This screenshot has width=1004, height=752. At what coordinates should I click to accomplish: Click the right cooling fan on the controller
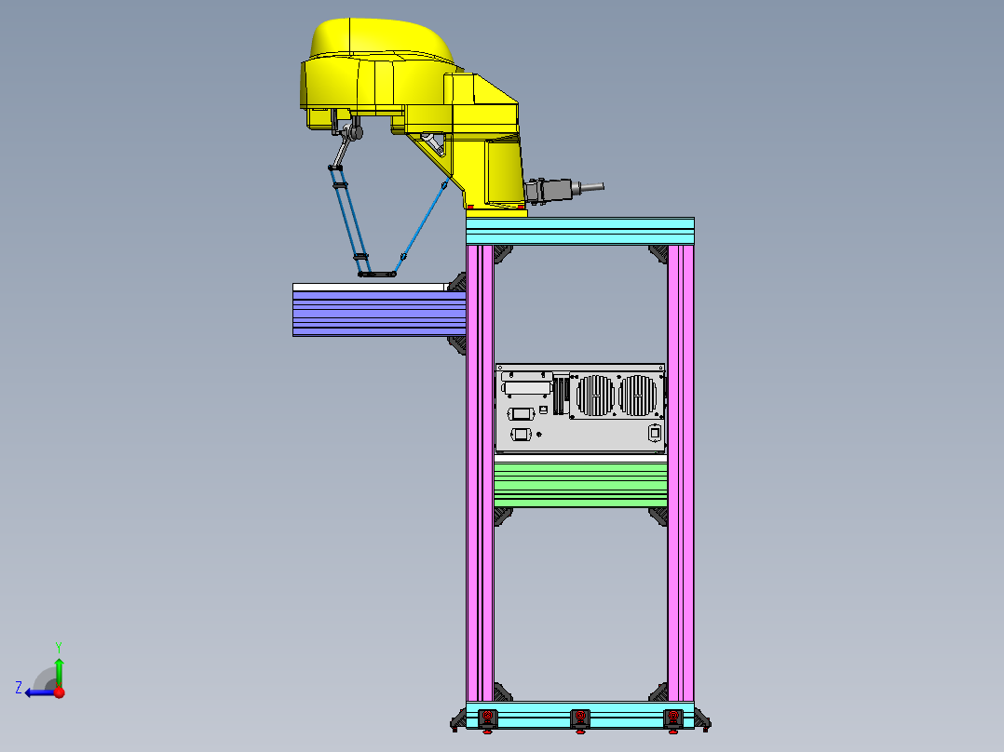[x=638, y=396]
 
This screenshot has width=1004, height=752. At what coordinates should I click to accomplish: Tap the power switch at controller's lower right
[x=655, y=432]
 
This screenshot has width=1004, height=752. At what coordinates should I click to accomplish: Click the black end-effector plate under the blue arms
[x=377, y=275]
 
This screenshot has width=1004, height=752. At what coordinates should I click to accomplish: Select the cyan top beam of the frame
[x=580, y=230]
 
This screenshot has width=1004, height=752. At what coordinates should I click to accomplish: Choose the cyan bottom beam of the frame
[x=580, y=714]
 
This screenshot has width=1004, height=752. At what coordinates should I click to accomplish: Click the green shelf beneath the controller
[x=580, y=485]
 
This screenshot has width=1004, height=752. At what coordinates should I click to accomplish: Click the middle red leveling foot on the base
[x=580, y=717]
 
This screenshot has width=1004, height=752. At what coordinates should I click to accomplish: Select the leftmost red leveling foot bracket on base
[x=487, y=717]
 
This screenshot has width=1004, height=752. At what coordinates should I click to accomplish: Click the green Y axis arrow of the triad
[x=59, y=665]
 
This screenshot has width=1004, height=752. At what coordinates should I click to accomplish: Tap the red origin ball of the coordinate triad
[x=59, y=692]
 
